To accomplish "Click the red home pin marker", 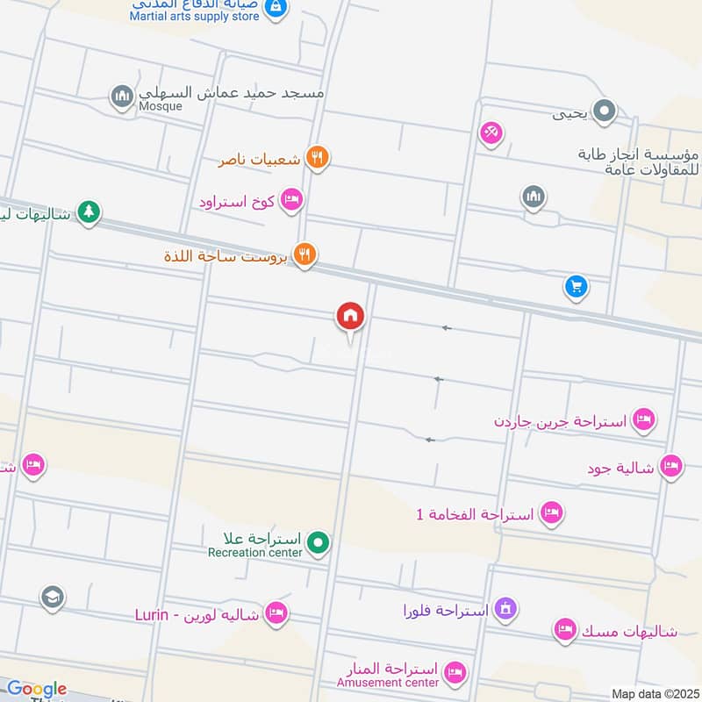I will coord(350,316).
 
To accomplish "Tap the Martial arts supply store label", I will coord(195,16).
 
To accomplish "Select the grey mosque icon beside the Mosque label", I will coord(122,95).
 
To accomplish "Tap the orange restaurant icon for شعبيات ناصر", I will coord(318,159).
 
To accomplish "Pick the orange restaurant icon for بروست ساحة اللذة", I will coord(304,255).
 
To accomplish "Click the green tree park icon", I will coord(88,211).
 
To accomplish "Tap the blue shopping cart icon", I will coord(576,286).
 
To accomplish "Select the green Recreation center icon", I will coord(319,544).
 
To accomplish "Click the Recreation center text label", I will coord(254,552).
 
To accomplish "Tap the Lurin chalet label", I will coord(197,614).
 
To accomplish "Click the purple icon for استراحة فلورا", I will coord(505,608).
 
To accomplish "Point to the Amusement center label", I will coord(388,683).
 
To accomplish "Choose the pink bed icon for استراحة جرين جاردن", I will coord(643,419).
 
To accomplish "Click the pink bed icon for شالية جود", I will coord(671,466).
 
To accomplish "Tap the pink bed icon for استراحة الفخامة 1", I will coord(552,512).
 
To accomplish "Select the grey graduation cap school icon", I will coord(53,598).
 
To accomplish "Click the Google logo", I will coord(36,690).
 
